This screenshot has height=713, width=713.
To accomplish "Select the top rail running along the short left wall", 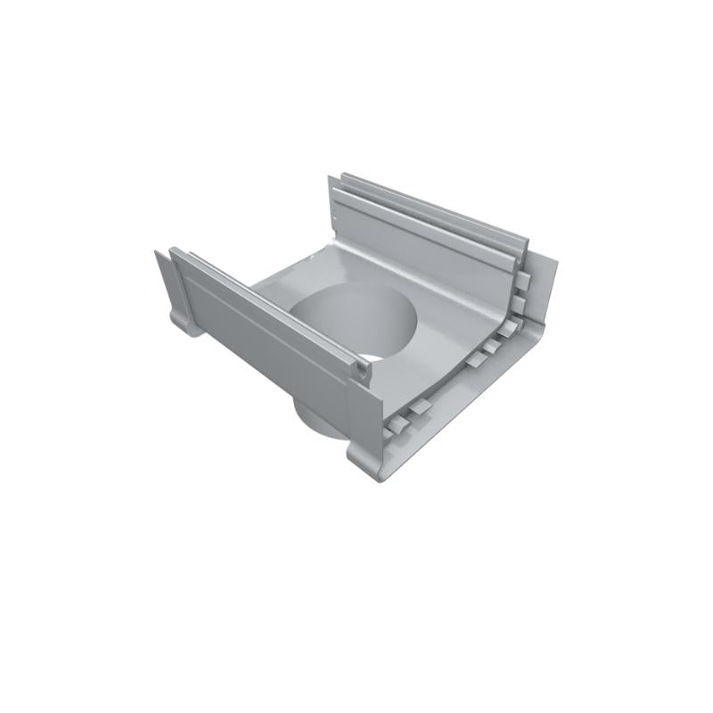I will [x=267, y=308].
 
